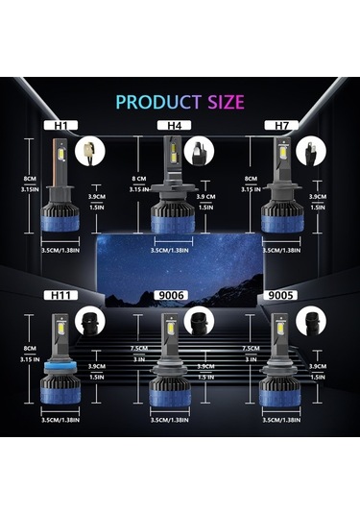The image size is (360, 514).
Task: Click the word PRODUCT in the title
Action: tap(153, 102)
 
